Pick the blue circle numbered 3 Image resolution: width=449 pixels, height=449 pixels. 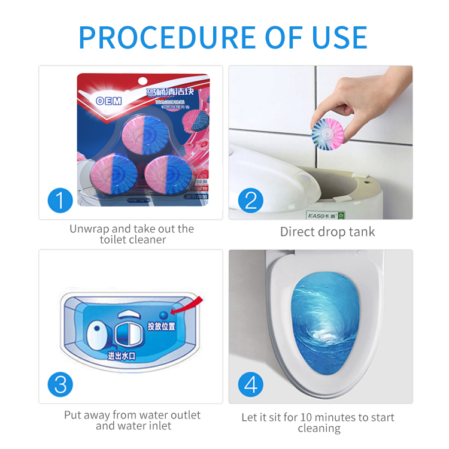(60, 384)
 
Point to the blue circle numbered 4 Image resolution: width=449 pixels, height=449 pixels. (250, 384)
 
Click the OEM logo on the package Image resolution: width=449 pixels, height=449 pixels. (109, 101)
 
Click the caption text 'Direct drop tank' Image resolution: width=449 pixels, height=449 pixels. (327, 232)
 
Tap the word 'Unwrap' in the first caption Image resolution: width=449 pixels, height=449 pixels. (89, 229)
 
